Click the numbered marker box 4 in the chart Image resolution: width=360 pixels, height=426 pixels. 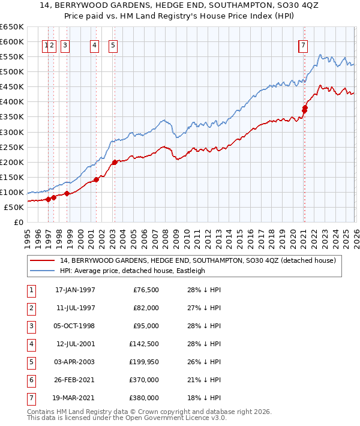tap(95, 44)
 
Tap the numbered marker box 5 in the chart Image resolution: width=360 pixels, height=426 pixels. tap(113, 44)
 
